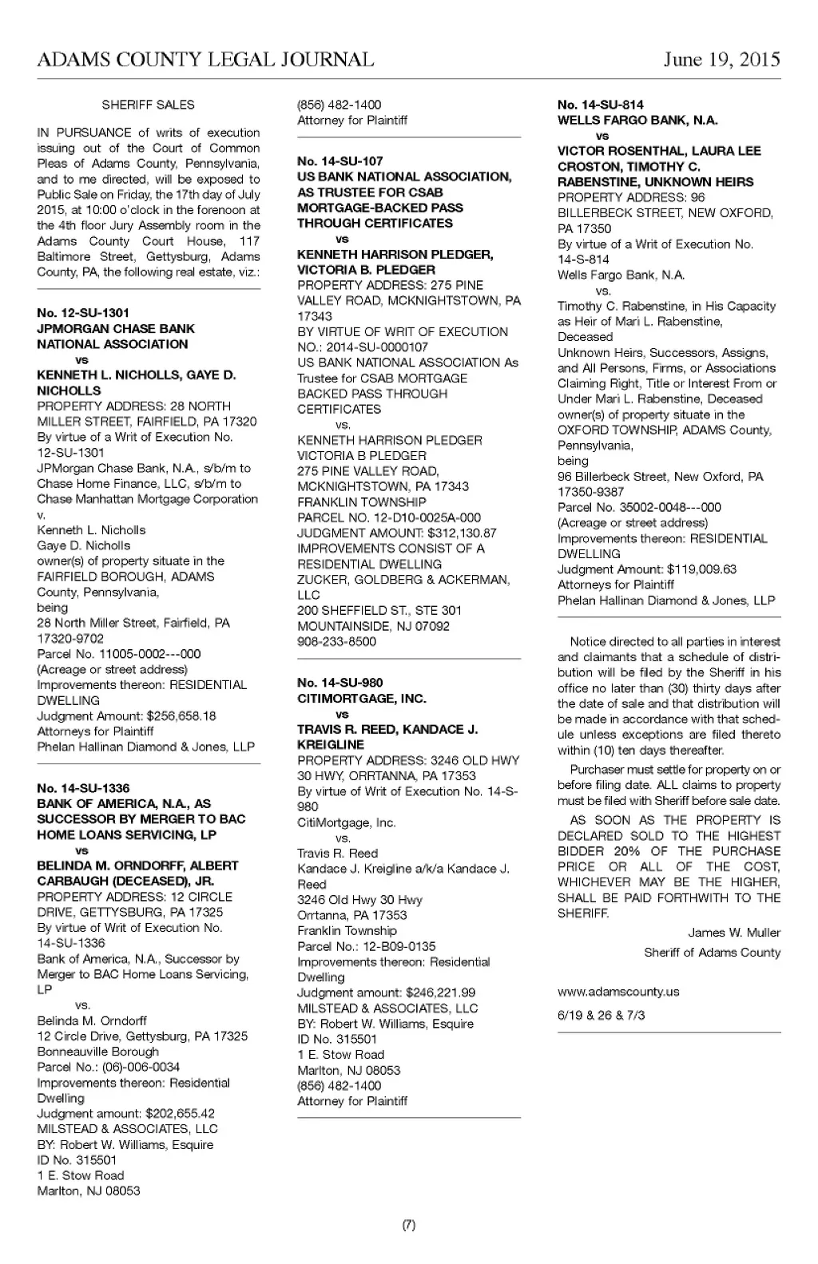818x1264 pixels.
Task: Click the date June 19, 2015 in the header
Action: click(721, 60)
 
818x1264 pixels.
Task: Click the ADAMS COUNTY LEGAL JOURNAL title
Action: click(205, 60)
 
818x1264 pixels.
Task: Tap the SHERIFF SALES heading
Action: click(148, 105)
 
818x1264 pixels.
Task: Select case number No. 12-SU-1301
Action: click(83, 313)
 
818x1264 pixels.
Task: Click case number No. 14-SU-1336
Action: click(83, 788)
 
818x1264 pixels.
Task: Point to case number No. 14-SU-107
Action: click(340, 161)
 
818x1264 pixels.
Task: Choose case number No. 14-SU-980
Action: click(340, 683)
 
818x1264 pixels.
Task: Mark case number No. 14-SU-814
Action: click(601, 105)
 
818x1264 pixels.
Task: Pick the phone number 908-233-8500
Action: click(336, 641)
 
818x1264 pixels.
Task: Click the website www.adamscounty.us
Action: click(618, 992)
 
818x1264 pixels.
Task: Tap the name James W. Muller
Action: click(734, 933)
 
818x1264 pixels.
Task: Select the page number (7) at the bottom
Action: click(408, 1226)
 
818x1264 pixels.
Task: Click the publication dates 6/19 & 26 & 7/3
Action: click(602, 1015)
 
